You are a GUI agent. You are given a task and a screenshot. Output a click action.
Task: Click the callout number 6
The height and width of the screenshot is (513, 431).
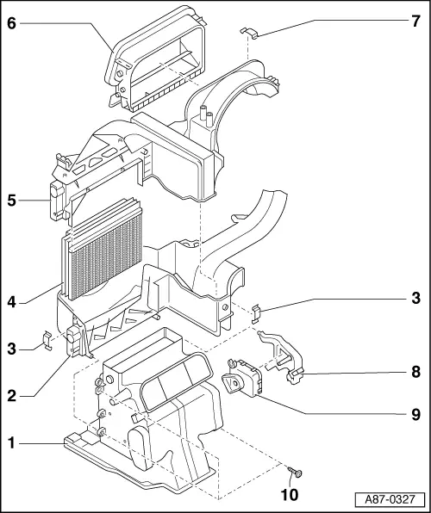[x=11, y=23]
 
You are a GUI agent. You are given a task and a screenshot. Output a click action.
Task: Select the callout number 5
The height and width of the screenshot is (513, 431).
[x=11, y=202]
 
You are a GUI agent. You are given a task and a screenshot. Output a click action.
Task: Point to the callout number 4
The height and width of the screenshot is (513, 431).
[x=11, y=301]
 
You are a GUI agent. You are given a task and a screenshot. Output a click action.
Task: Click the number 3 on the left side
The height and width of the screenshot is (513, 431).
[x=11, y=349]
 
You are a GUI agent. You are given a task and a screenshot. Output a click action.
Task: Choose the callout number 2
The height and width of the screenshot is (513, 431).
[x=11, y=395]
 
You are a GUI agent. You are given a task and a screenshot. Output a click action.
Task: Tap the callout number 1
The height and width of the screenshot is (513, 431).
[x=11, y=443]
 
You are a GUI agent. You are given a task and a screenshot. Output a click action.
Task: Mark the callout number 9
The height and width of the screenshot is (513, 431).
[x=415, y=415]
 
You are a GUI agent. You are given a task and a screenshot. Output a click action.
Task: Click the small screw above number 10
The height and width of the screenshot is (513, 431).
[x=297, y=473]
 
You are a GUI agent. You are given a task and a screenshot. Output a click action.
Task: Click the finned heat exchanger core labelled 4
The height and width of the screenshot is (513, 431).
[x=102, y=250]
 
